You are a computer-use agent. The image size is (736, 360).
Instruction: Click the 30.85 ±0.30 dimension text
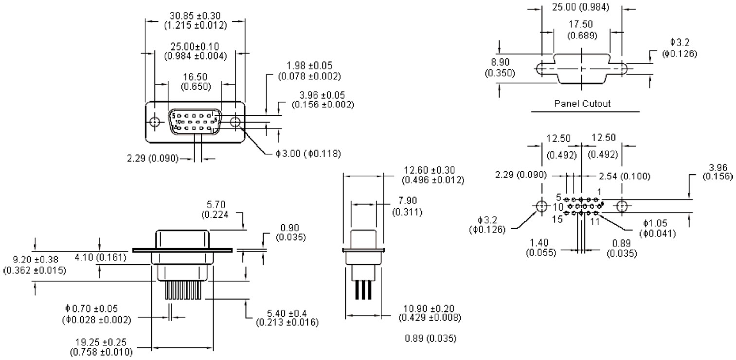(195, 16)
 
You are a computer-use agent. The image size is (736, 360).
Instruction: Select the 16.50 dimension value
(195, 77)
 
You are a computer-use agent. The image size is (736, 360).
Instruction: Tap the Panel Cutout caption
(582, 104)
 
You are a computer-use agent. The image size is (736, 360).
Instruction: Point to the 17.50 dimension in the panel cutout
(581, 24)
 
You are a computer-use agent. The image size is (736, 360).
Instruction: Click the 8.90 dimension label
(500, 62)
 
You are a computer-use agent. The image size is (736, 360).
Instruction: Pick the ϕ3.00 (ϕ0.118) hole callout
(308, 153)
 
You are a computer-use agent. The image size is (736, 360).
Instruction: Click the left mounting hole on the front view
(155, 122)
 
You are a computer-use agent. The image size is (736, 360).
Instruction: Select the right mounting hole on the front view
(235, 122)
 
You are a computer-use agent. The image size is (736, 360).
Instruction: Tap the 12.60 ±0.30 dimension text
(429, 170)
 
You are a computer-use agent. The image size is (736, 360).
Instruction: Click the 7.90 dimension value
(408, 200)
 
